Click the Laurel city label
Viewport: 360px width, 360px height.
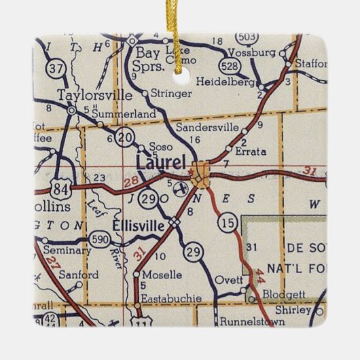160,163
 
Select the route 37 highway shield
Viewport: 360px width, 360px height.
41,69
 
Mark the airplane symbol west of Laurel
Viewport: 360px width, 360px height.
181,187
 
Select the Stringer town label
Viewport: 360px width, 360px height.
168,93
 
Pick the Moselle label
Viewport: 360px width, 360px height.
162,275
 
